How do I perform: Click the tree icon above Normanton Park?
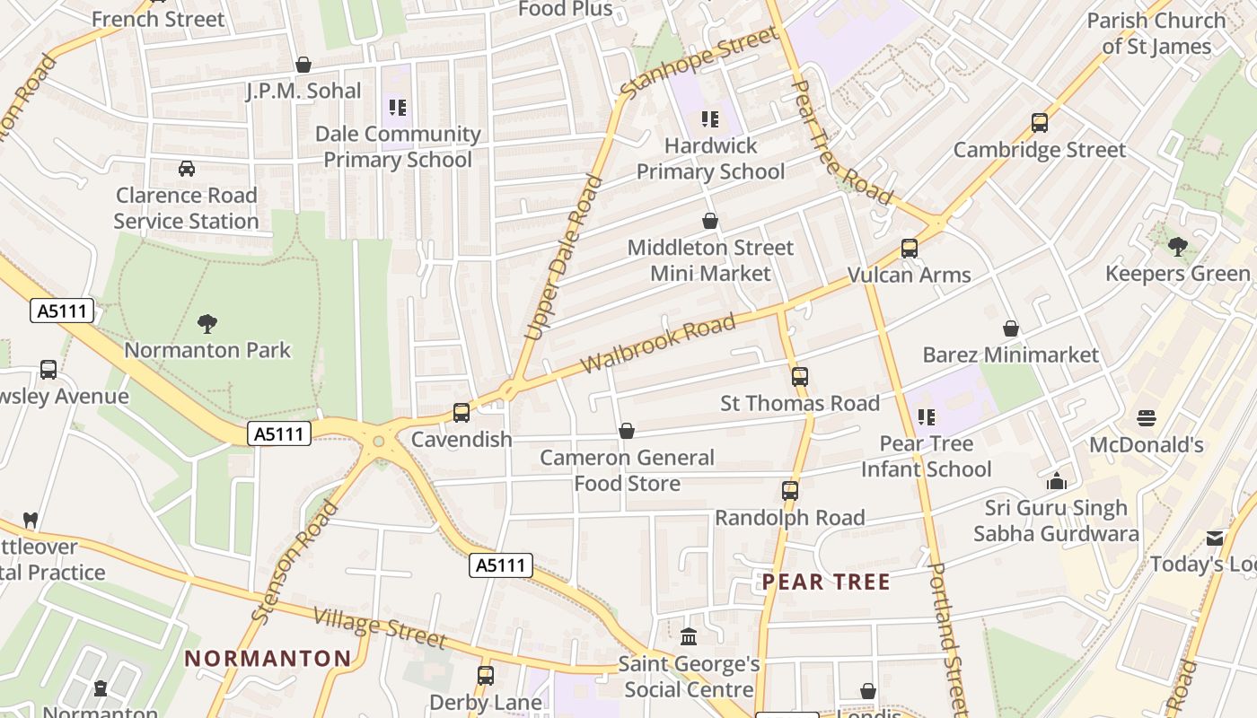tap(207, 323)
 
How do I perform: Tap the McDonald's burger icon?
tap(1147, 418)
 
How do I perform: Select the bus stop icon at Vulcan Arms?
tap(910, 249)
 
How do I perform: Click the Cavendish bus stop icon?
tap(461, 413)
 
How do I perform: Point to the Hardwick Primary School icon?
tap(710, 118)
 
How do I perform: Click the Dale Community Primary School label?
tap(398, 147)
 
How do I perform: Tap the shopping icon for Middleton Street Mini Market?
tap(710, 221)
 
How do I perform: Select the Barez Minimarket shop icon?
tap(1011, 328)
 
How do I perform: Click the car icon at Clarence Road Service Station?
tap(187, 169)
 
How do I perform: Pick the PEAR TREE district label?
tap(826, 582)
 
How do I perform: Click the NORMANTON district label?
tap(268, 659)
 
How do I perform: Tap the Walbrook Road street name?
tap(658, 344)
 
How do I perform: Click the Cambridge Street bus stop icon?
tap(1040, 123)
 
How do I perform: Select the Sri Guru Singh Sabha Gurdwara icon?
tap(1057, 482)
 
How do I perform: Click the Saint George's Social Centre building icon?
tap(689, 637)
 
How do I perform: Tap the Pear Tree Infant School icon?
tap(926, 416)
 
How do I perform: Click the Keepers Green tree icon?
tap(1178, 247)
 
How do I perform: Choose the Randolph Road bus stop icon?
tap(790, 491)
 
